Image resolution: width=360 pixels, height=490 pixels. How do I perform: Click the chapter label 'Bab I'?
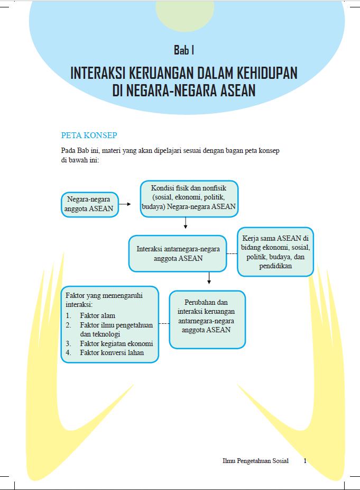[x=184, y=50]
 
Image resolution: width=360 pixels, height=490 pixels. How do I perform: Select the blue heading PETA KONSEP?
[x=89, y=135]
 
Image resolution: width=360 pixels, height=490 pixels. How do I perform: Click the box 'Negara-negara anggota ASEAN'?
[x=88, y=204]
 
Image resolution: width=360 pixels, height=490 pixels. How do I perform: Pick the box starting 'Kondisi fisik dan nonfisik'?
[x=189, y=198]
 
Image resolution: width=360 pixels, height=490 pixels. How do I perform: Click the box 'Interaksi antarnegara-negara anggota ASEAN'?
[x=178, y=253]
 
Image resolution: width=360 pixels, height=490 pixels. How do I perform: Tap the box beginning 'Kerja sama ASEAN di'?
[x=275, y=252]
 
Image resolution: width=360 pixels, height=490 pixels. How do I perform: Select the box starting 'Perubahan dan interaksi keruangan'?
[x=207, y=320]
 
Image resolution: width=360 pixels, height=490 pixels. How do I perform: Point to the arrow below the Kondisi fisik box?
[x=186, y=223]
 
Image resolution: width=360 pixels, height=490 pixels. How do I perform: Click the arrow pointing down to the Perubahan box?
[x=209, y=278]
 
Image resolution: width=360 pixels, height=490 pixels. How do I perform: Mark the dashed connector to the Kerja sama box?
[x=232, y=254]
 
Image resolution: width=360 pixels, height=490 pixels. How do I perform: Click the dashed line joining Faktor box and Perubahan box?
[x=164, y=323]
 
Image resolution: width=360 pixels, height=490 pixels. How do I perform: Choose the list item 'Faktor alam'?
[x=98, y=316]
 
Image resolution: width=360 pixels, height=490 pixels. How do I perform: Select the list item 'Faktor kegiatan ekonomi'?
[x=116, y=343]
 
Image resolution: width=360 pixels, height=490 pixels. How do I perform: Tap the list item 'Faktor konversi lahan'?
[x=112, y=353]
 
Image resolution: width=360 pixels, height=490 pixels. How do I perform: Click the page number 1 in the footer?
[x=305, y=461]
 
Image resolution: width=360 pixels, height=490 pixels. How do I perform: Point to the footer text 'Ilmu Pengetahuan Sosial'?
[x=255, y=461]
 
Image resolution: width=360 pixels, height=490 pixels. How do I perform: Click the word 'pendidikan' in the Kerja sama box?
[x=275, y=266]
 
